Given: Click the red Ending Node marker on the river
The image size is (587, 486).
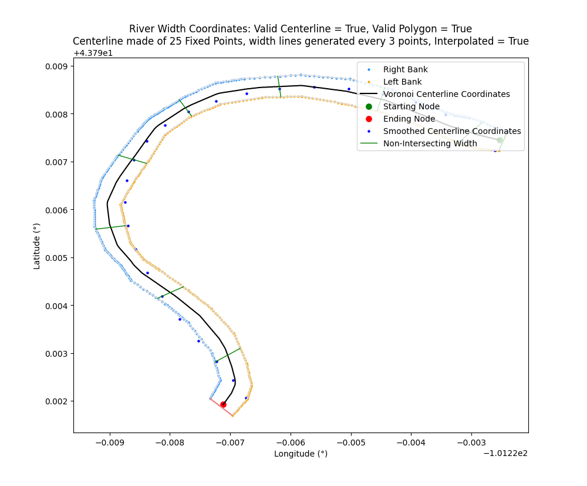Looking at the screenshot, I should [x=223, y=404].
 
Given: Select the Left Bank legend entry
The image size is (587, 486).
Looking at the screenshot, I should [x=402, y=82].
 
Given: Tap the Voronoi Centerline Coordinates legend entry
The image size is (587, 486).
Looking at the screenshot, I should [x=446, y=94].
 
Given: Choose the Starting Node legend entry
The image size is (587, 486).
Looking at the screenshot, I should [x=411, y=106].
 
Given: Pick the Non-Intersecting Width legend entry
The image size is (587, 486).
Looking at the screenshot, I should [x=430, y=143].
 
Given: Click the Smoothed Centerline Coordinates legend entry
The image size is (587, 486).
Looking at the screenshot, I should [x=451, y=131].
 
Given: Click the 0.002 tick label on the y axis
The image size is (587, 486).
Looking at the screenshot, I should [x=57, y=401].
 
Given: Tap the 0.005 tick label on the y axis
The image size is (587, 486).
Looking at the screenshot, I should [x=57, y=257].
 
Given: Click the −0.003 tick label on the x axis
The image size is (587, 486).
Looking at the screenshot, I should [x=471, y=442].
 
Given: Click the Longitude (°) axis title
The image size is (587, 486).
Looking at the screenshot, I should [x=301, y=454].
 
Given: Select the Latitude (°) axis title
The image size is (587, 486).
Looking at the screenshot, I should [x=37, y=246].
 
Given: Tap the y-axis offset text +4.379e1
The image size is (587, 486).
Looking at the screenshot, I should [x=93, y=53].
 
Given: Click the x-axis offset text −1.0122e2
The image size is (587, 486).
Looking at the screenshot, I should [x=505, y=453].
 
